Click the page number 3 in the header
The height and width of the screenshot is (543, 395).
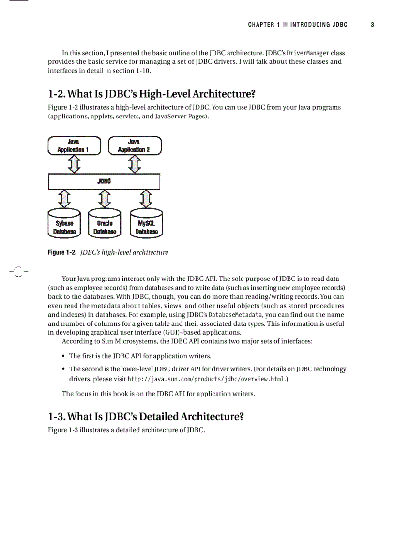point(372,25)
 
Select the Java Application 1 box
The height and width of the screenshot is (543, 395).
point(74,146)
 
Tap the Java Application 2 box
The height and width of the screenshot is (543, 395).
point(135,146)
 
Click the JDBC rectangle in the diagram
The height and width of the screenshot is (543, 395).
point(104,181)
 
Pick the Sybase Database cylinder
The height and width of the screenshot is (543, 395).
point(64,224)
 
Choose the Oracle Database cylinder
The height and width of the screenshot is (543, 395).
point(105,224)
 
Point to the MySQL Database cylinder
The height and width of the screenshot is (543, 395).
point(147,224)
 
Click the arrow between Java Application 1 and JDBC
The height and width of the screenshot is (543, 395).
point(74,164)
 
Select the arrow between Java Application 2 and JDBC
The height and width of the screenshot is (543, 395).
point(135,164)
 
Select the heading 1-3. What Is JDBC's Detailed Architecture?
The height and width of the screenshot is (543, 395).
point(145,417)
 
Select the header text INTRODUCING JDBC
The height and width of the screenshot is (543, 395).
point(319,25)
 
